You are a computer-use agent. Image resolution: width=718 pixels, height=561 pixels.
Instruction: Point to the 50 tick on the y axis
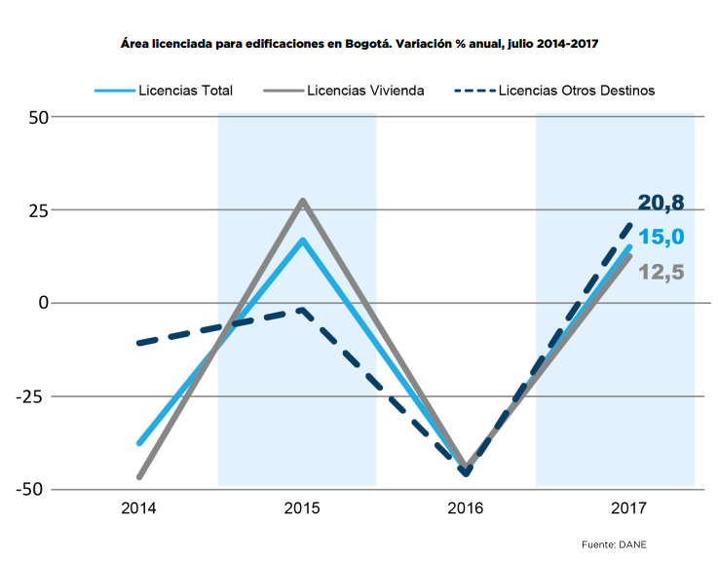click(36, 117)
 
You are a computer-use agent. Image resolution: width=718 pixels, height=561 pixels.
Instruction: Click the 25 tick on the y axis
click(36, 209)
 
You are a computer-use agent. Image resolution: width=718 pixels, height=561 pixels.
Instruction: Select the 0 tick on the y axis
click(43, 303)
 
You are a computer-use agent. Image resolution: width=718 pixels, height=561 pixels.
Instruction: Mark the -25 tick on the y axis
click(33, 396)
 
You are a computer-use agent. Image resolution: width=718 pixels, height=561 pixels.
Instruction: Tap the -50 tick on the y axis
click(33, 489)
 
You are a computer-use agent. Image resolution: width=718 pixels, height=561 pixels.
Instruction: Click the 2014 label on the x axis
click(139, 508)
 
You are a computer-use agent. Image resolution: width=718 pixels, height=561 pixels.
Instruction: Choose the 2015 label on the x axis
click(303, 508)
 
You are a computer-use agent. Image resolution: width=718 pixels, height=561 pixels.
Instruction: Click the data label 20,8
click(661, 204)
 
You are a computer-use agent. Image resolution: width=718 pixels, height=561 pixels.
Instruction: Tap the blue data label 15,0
click(661, 237)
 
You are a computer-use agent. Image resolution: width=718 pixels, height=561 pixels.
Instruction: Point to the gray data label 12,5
click(661, 272)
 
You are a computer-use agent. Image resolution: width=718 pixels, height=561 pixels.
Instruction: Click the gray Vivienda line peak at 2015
click(303, 201)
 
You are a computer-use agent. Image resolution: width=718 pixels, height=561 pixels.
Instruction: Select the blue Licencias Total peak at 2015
click(303, 240)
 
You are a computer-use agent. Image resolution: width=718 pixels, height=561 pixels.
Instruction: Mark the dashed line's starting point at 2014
click(140, 343)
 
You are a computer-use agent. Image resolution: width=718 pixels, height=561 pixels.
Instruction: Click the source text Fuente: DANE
click(615, 543)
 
